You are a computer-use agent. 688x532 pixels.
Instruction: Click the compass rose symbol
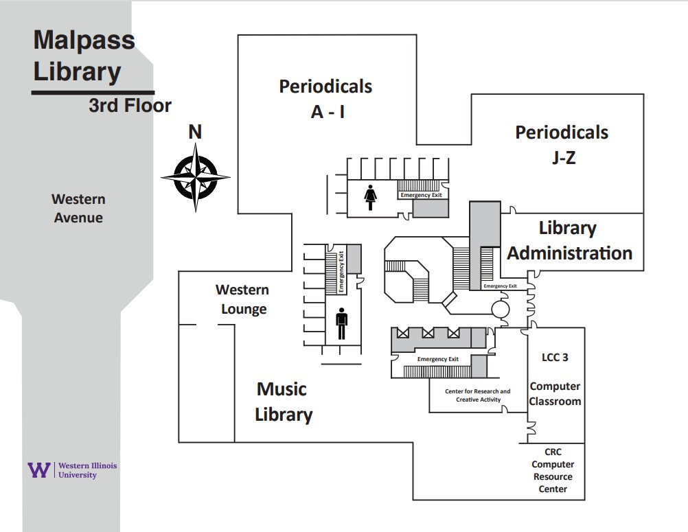click(196, 176)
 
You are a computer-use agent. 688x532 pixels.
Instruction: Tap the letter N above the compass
click(195, 131)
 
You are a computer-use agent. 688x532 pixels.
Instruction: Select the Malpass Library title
click(84, 56)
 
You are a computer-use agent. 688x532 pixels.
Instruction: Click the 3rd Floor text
click(130, 106)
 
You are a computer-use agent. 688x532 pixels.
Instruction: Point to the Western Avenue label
click(79, 208)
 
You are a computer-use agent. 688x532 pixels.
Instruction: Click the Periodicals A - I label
click(325, 98)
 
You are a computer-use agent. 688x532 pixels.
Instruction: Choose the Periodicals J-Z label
click(562, 144)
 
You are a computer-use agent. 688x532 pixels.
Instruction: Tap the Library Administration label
click(569, 240)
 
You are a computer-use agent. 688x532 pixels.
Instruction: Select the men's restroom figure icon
click(341, 324)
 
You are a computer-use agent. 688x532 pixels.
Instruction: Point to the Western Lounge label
click(242, 299)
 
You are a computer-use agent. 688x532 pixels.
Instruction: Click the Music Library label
click(283, 402)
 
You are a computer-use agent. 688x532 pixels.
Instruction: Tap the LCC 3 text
click(555, 357)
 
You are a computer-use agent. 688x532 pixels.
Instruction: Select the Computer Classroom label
click(555, 394)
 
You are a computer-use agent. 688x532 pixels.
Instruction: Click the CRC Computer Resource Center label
click(553, 470)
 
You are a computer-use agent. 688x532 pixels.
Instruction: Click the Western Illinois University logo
click(72, 470)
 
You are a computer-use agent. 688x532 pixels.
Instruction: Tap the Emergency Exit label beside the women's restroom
click(421, 195)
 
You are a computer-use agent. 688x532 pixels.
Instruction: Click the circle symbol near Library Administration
click(500, 310)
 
